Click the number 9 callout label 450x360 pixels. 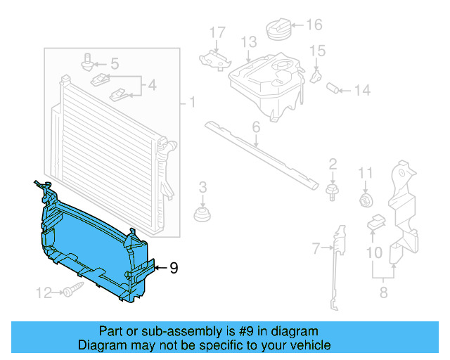pyautogui.click(x=174, y=267)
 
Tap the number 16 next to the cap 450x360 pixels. pyautogui.click(x=314, y=25)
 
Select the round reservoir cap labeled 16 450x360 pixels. pyautogui.click(x=279, y=31)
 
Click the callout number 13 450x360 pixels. pyautogui.click(x=249, y=43)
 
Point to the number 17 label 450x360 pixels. pyautogui.click(x=217, y=32)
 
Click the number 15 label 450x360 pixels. pyautogui.click(x=319, y=51)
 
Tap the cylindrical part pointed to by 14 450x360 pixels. pyautogui.click(x=335, y=88)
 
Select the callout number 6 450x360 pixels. pyautogui.click(x=256, y=127)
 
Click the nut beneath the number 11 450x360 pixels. pyautogui.click(x=366, y=201)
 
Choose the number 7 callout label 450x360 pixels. pyautogui.click(x=316, y=247)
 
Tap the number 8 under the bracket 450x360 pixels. pyautogui.click(x=383, y=292)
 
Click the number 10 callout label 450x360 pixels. pyautogui.click(x=374, y=251)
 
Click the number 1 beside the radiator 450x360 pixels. pyautogui.click(x=191, y=103)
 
